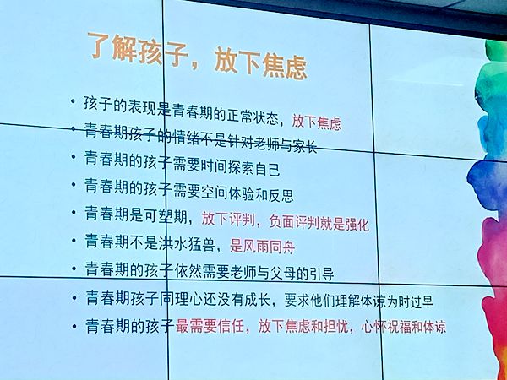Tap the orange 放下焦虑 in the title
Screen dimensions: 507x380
click(x=260, y=62)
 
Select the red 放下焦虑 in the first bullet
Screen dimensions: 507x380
click(x=317, y=122)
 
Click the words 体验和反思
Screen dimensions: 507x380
click(x=261, y=194)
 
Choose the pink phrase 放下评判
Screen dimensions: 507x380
click(x=228, y=219)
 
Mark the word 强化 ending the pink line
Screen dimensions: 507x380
click(x=357, y=225)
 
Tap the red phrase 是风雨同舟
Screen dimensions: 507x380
click(x=262, y=247)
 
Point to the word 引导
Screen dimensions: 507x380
click(x=322, y=274)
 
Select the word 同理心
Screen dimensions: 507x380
click(x=180, y=299)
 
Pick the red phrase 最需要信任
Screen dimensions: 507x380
click(x=210, y=325)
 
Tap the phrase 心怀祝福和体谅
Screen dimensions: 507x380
click(x=404, y=326)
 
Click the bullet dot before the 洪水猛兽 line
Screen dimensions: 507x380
click(x=74, y=240)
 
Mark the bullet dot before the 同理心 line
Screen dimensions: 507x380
click(x=74, y=297)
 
